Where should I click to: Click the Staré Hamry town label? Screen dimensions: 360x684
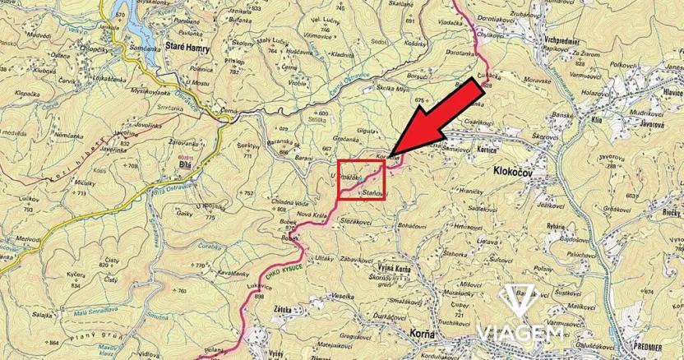click(188, 49)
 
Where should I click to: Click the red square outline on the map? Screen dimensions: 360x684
click(362, 180)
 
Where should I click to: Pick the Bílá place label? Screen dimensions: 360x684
click(184, 164)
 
